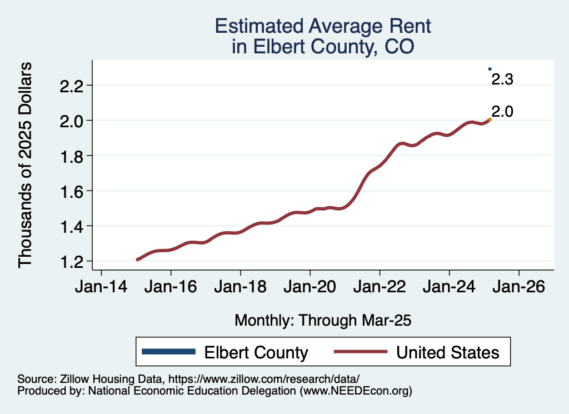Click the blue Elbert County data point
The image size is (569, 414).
pos(490,69)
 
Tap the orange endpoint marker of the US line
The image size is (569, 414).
pos(490,119)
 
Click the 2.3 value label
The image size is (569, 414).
pos(502,79)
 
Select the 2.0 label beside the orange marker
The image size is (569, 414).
pos(502,111)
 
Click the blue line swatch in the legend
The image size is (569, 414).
pos(169,352)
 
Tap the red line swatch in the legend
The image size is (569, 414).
pos(360,352)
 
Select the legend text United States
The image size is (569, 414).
pos(448,352)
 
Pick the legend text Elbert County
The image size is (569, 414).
pos(256,352)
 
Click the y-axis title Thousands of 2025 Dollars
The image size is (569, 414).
pos(26,165)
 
